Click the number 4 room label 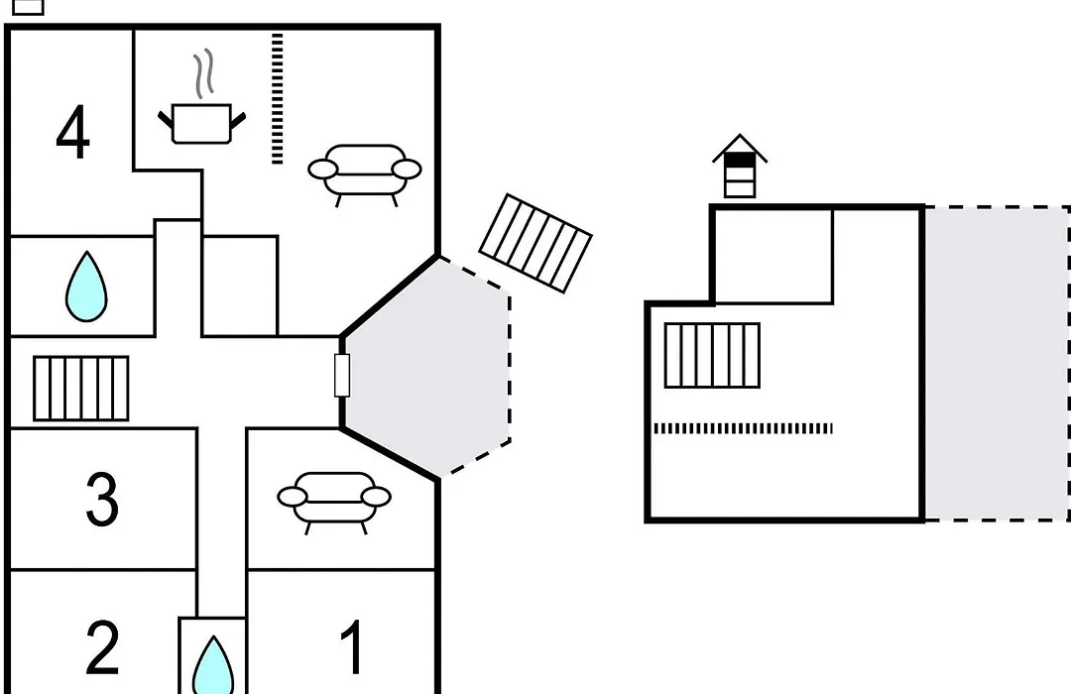tap(72, 133)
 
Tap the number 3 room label tap(102, 500)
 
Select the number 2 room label tap(102, 646)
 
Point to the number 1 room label tap(352, 646)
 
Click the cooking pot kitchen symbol tap(201, 124)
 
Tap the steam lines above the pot tap(203, 73)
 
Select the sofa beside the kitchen tap(365, 174)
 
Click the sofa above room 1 tap(334, 502)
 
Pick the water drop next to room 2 tap(213, 666)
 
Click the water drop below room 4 tap(86, 287)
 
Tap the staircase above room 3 tap(81, 389)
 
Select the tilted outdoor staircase tap(535, 243)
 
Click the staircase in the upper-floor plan tap(712, 355)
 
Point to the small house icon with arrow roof tap(740, 166)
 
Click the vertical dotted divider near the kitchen tap(278, 98)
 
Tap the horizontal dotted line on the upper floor tap(743, 428)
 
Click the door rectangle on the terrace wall tap(342, 375)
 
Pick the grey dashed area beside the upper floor tap(998, 364)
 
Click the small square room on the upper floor tap(773, 256)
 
